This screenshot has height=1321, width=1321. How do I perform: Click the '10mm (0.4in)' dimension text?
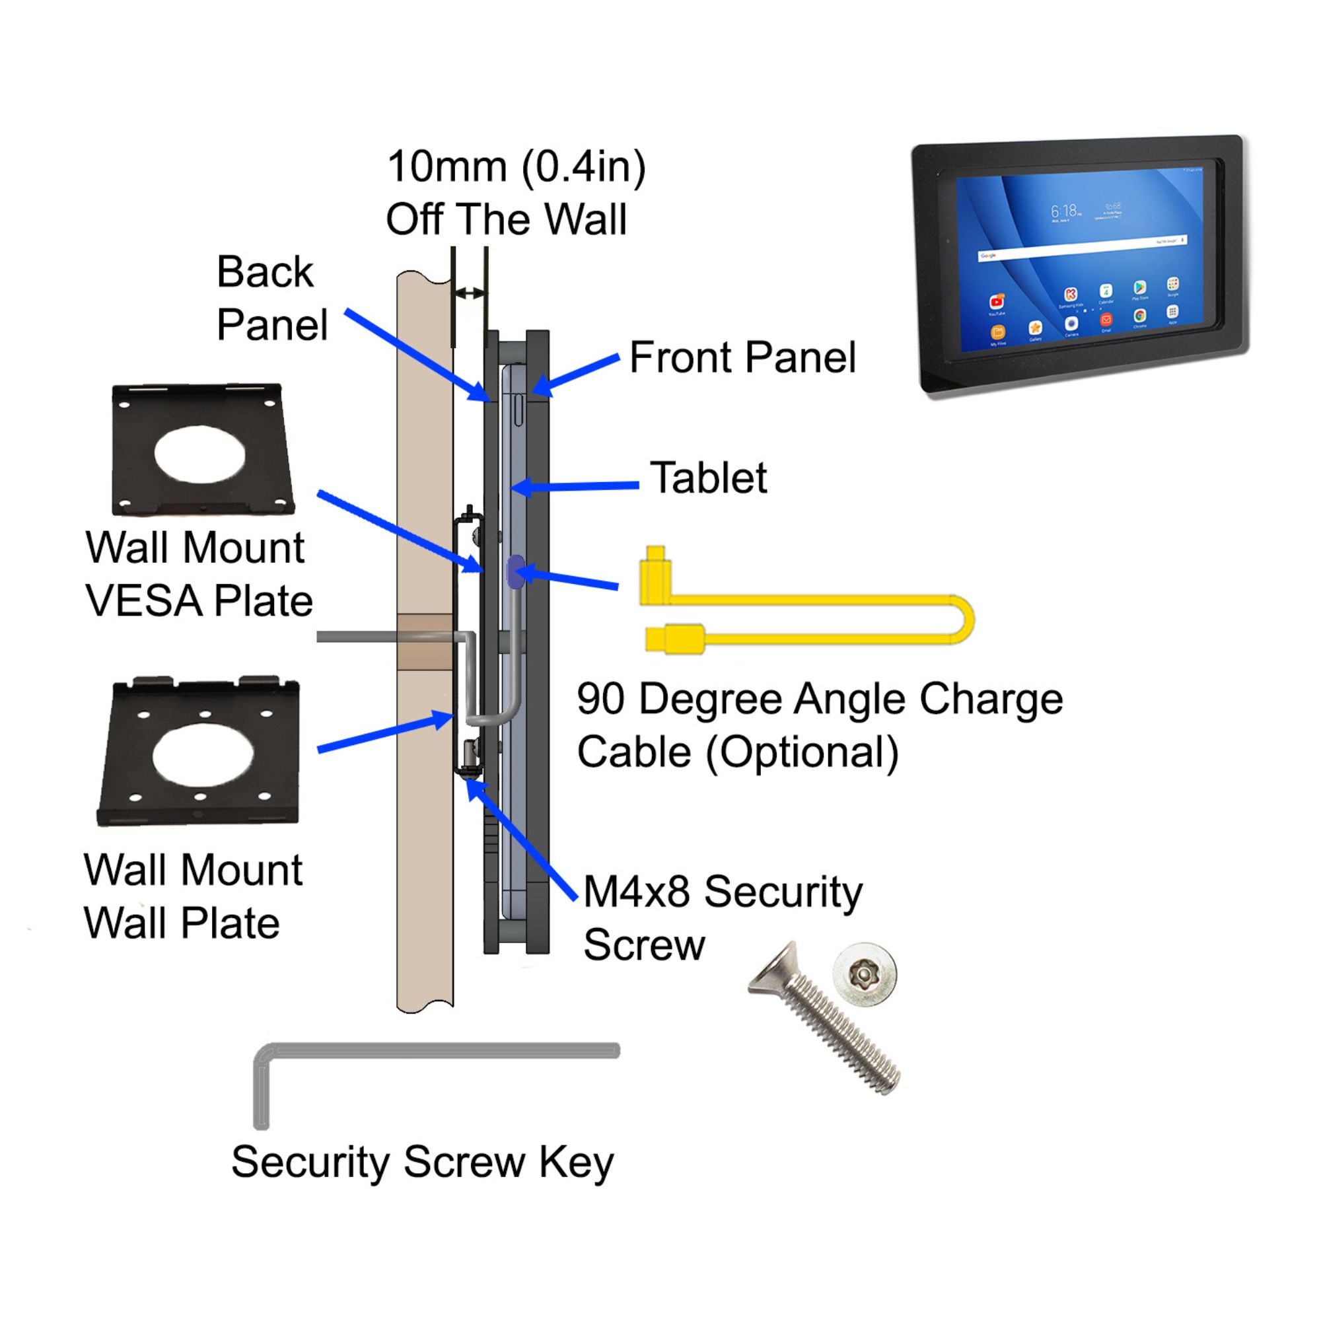pos(517,168)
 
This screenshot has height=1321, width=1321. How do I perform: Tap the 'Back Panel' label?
pos(271,298)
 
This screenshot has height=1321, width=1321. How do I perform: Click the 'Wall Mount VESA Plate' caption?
pos(197,575)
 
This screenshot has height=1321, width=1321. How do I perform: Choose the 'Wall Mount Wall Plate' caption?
pos(192,896)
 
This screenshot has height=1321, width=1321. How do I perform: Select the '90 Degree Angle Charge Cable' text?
pos(819,725)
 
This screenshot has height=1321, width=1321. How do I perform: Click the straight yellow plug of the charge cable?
pos(674,639)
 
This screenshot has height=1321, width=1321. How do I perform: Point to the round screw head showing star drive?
pos(865,976)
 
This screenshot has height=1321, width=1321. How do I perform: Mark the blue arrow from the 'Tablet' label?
pos(575,487)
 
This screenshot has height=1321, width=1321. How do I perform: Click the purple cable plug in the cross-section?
pos(516,571)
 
